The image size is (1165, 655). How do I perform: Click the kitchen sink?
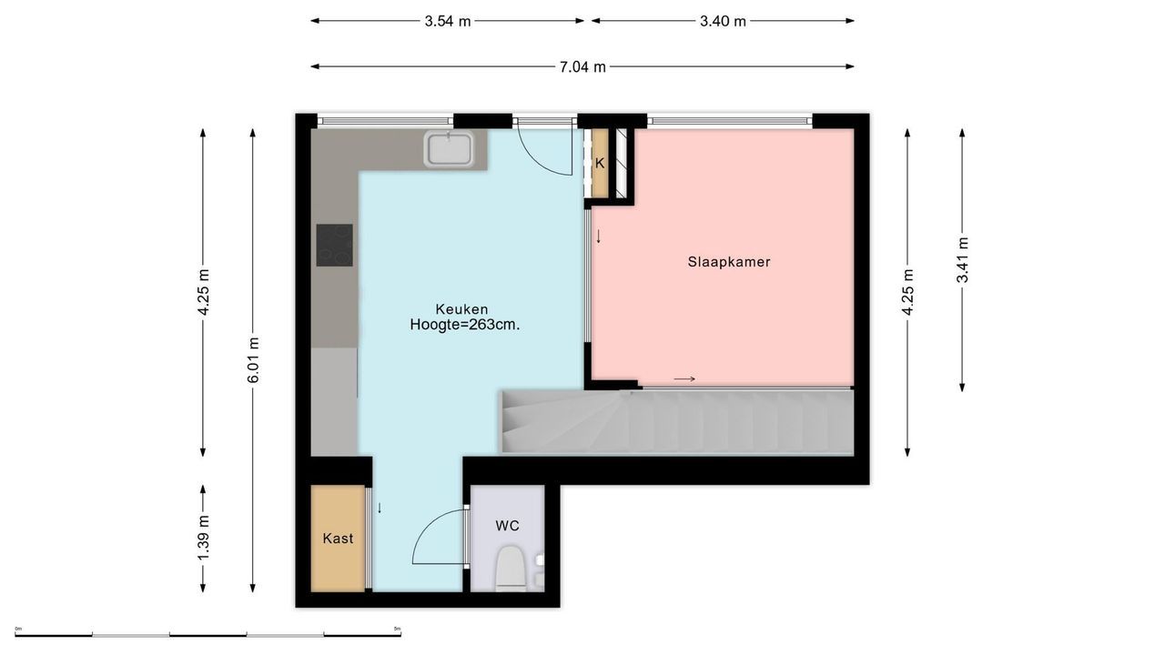tap(450, 149)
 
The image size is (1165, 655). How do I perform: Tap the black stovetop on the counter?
tap(334, 245)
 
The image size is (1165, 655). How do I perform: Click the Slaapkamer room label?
tap(728, 262)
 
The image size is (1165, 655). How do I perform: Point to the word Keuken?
tap(461, 309)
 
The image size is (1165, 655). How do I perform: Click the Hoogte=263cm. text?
tap(464, 325)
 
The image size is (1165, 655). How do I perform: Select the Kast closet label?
tap(338, 539)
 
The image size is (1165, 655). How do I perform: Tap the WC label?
tap(507, 526)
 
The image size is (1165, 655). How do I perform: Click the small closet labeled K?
tap(600, 164)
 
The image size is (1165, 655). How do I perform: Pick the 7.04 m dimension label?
tap(582, 66)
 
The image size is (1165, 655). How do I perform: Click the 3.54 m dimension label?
tap(447, 21)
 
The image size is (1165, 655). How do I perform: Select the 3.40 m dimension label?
tap(723, 21)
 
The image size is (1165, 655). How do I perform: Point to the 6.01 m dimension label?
tap(253, 360)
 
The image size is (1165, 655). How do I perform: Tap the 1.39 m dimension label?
tap(203, 537)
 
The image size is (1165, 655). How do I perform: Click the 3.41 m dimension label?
tap(962, 260)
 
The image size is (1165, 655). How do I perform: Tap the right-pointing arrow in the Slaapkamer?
tap(684, 379)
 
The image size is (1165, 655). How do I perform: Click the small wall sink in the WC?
tap(539, 560)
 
